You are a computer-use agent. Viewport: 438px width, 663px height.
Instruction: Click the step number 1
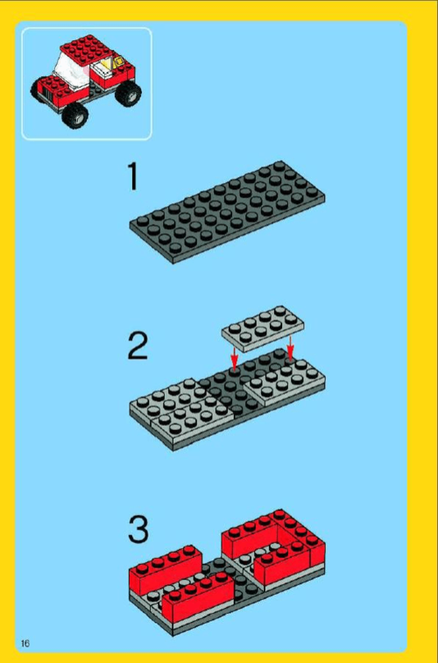click(133, 177)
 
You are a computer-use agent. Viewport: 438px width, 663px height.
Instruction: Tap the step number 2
click(138, 346)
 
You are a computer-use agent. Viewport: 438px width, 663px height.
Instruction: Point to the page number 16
click(25, 644)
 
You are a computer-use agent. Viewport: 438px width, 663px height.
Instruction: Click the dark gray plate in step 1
click(228, 212)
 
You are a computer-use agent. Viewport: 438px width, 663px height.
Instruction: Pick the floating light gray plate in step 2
click(263, 329)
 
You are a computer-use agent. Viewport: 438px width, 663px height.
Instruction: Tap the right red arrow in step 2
click(290, 348)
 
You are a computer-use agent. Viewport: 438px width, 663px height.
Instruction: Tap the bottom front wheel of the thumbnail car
click(74, 116)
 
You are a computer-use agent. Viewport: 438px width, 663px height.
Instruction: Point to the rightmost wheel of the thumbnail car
click(128, 93)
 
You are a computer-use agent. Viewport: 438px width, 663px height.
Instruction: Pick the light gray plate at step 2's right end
click(285, 382)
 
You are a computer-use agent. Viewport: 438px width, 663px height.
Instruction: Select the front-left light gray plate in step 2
click(193, 418)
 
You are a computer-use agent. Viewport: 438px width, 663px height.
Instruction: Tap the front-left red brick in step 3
click(198, 596)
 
